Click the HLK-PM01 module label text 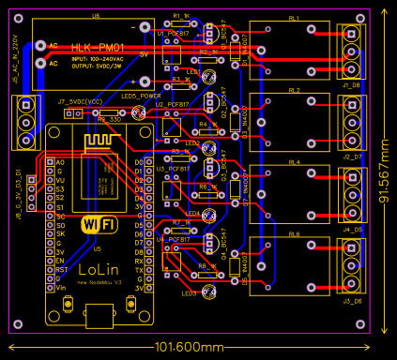100,46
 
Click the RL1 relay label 295,18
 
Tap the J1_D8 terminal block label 352,85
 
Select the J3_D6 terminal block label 352,301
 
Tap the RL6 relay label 294,234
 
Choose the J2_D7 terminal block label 352,157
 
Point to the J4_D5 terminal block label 352,229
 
